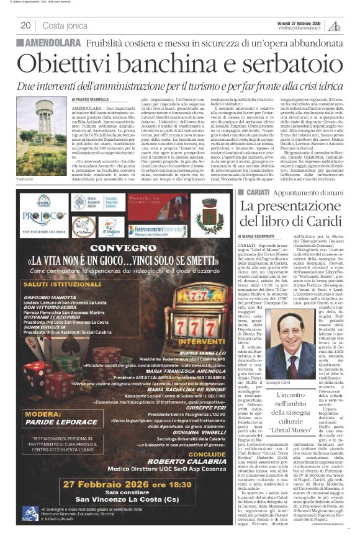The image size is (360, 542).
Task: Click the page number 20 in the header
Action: [26, 25]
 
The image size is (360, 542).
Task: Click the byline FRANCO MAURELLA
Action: [94, 99]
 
